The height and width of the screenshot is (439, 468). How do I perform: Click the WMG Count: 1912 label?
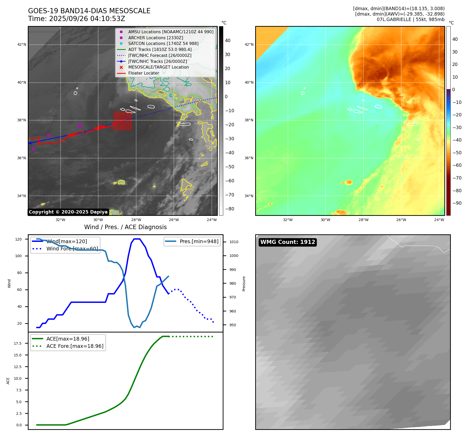click(x=288, y=242)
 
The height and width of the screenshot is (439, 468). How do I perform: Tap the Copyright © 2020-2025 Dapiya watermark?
click(x=68, y=212)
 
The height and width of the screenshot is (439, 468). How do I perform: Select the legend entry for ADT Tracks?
click(x=160, y=49)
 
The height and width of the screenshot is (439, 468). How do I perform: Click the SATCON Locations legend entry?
click(x=163, y=43)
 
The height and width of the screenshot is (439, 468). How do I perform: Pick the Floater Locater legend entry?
click(x=143, y=73)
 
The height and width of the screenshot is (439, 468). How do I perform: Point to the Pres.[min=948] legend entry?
click(x=199, y=241)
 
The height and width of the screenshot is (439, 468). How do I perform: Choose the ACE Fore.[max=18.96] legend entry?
click(x=75, y=346)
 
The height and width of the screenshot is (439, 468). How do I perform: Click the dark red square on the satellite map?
click(x=122, y=121)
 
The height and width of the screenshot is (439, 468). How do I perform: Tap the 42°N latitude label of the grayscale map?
click(x=22, y=44)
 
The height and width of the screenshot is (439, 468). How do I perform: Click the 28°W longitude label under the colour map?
click(x=363, y=220)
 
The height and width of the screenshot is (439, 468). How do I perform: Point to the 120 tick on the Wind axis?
click(x=18, y=239)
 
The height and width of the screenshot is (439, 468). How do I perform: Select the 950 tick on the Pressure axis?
click(x=233, y=325)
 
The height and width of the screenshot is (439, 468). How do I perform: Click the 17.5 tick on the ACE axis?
click(x=18, y=343)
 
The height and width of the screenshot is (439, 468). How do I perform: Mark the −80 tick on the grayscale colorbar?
click(x=229, y=209)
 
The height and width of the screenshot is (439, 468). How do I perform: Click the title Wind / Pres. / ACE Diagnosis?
click(x=125, y=227)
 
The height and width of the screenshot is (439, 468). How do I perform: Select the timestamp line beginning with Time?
click(x=77, y=19)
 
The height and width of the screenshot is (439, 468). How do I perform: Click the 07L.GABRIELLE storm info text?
click(x=411, y=19)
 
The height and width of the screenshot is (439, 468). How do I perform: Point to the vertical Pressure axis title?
click(x=244, y=284)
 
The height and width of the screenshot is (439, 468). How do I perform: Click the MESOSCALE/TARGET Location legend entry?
click(x=158, y=67)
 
